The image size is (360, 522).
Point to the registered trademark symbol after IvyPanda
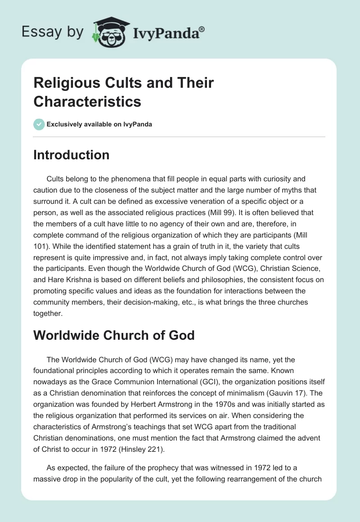[202, 29]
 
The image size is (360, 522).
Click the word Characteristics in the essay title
[87, 101]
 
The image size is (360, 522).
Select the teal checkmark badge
[39, 124]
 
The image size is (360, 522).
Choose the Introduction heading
[71, 155]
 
